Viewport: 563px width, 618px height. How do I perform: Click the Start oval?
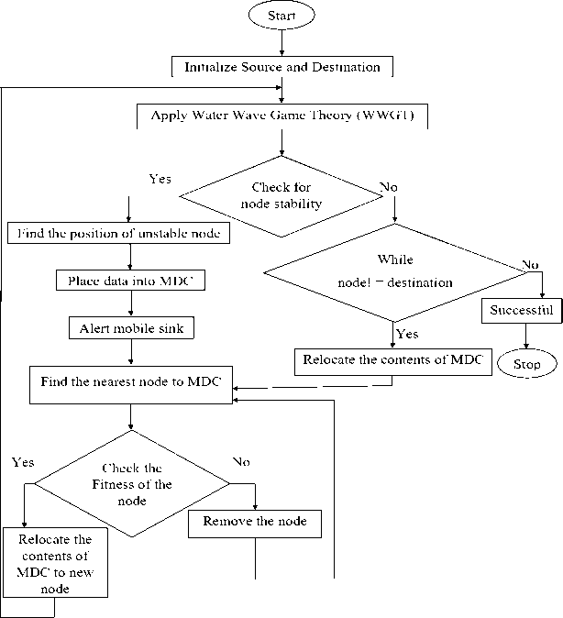(281, 17)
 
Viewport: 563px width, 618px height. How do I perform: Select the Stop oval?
(527, 364)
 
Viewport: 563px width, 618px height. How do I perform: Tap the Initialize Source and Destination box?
(282, 67)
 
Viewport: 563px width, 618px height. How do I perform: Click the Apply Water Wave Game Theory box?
(282, 116)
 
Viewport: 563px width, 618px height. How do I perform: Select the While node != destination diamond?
(394, 271)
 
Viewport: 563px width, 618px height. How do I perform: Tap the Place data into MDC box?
(129, 280)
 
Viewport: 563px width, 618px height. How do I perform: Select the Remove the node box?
(254, 523)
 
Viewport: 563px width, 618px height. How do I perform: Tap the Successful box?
(519, 310)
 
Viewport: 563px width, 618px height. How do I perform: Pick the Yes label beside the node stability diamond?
(160, 178)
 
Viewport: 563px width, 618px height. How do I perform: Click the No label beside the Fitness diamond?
(241, 461)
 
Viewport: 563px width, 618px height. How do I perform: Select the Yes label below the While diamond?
(407, 334)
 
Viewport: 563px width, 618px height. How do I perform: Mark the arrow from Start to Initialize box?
(281, 43)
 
